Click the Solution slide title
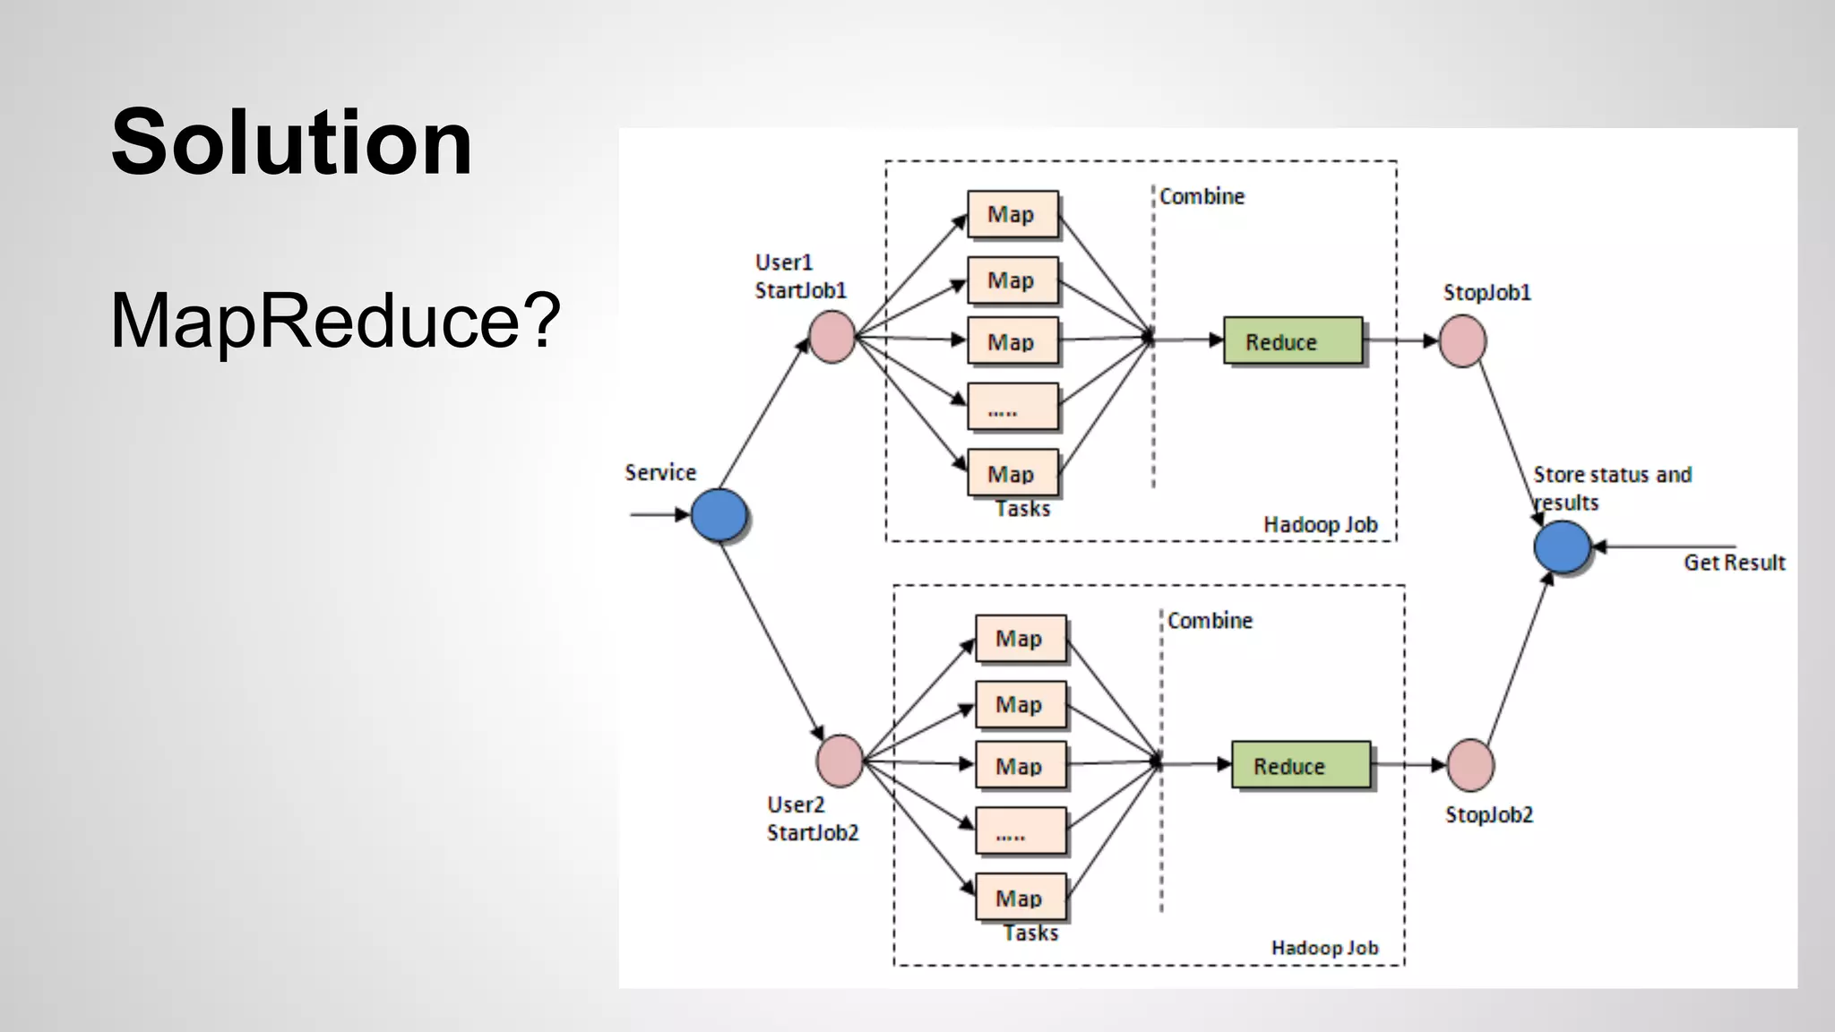291,143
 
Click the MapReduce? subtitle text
334,320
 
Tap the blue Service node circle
719,515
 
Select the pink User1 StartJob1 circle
831,337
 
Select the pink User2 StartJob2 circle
840,761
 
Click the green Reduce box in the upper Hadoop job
1292,341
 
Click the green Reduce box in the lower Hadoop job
1300,765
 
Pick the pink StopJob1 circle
1462,340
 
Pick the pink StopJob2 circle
1470,765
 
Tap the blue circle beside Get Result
1562,546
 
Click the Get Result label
1734,563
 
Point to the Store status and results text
1611,487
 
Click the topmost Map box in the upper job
1012,214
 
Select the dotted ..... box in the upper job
1012,408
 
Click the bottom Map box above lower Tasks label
1021,897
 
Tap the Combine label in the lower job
1210,621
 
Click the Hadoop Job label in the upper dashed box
1320,525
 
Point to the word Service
660,473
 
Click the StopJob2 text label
1488,815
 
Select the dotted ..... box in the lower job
1021,831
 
